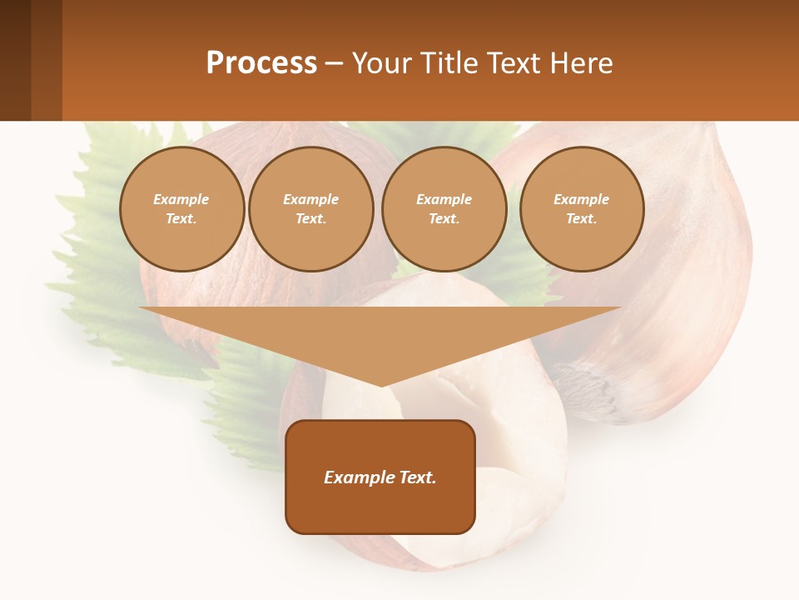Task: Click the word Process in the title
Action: [261, 63]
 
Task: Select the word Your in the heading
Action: [381, 63]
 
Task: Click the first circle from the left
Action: [181, 209]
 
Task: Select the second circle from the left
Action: [310, 209]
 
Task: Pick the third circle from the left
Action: [444, 209]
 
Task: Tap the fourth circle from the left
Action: [581, 209]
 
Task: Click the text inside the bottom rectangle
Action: [380, 477]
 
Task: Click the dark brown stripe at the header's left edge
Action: [15, 60]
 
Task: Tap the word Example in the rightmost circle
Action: [581, 200]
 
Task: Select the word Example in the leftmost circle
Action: [181, 200]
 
